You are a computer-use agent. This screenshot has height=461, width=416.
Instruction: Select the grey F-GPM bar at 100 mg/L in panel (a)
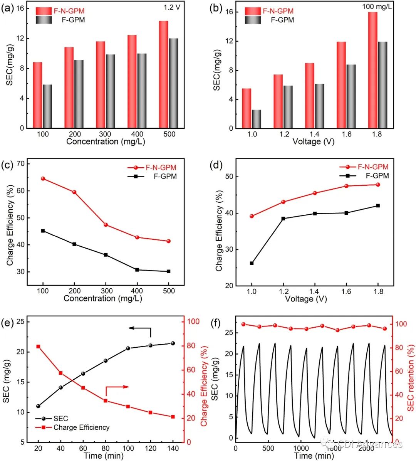[x=47, y=106]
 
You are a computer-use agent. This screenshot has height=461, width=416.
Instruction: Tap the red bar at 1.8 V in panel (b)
[x=373, y=70]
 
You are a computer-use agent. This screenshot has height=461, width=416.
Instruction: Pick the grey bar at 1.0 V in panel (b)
[x=257, y=119]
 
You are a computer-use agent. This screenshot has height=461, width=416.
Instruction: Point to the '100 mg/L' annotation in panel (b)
[x=377, y=7]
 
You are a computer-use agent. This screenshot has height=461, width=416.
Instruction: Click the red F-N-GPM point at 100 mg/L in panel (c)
[x=43, y=178]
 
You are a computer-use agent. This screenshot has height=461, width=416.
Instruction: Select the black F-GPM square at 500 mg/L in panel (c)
[x=168, y=271]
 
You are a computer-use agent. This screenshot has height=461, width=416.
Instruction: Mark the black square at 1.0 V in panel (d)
[x=252, y=263]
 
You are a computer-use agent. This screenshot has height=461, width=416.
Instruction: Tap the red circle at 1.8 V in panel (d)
[x=378, y=185]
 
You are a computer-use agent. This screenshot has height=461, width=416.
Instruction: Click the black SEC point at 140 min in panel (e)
[x=173, y=343]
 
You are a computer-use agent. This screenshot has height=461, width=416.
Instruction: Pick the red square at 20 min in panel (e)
[x=38, y=347]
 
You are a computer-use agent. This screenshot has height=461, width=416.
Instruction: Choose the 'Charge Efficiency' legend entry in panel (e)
[x=81, y=427]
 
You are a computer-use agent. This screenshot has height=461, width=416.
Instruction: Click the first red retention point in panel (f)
[x=243, y=324]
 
